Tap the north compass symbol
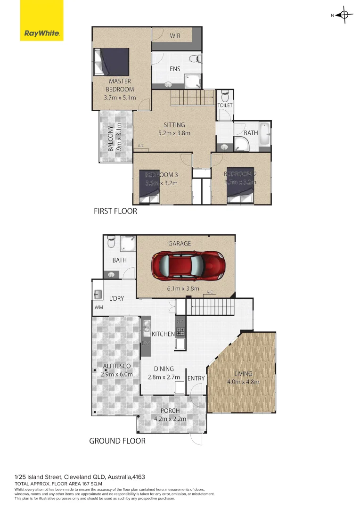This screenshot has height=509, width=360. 344,15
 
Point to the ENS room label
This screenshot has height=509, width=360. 175,69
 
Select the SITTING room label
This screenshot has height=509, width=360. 174,125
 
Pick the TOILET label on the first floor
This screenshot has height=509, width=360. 225,106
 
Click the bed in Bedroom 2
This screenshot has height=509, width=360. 240,185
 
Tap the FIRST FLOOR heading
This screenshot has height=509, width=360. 115,211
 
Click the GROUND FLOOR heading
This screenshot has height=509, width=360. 117,441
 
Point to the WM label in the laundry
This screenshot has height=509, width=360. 98,308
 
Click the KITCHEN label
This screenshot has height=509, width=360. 163,334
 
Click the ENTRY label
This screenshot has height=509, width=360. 196,378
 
